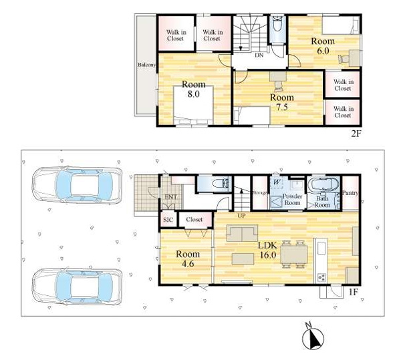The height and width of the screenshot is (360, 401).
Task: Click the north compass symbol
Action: [313, 337]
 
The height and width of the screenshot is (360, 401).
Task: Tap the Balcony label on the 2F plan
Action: [147, 65]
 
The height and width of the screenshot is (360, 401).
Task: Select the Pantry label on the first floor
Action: [350, 193]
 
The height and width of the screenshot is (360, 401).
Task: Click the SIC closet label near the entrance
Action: [168, 220]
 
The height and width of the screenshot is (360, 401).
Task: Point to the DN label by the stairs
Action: [259, 55]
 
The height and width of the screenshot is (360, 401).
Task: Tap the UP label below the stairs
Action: [241, 216]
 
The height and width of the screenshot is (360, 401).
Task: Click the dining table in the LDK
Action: [294, 254]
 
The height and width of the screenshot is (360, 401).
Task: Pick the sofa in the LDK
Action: [242, 233]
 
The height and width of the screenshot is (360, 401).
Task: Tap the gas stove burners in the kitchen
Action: [321, 277]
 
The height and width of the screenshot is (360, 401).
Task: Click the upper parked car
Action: [77, 185]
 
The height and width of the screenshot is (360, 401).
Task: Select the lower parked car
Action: [77, 287]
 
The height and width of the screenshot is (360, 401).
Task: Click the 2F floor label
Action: [356, 134]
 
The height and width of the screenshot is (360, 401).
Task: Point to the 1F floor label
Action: [353, 292]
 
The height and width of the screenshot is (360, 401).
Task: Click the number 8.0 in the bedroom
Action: [193, 94]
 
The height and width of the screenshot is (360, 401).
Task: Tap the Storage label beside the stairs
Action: [259, 192]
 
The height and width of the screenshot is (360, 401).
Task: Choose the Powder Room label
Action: [292, 200]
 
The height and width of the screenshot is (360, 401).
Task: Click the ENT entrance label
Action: [170, 197]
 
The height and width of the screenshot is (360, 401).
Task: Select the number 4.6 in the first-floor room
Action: [187, 264]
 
